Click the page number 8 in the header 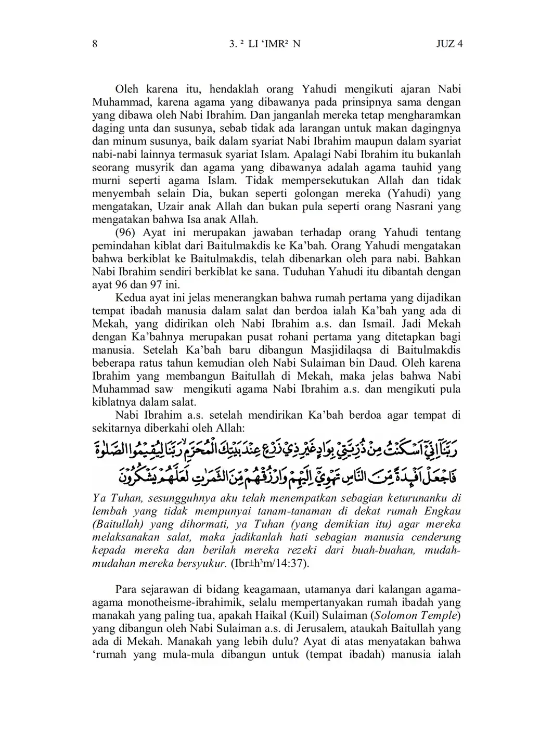95,44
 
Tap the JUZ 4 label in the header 449,44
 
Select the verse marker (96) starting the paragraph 125,232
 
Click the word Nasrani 406,206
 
